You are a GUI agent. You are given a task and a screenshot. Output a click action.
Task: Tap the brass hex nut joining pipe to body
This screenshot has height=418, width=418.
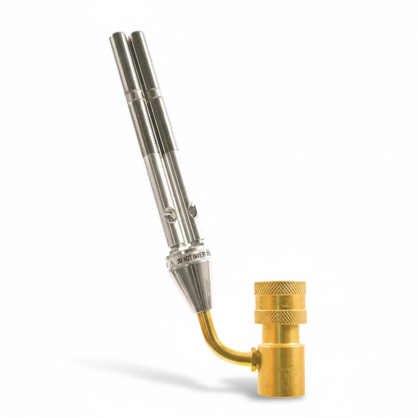click(x=255, y=359)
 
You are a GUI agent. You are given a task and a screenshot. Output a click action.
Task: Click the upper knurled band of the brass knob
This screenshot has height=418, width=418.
click(x=280, y=288)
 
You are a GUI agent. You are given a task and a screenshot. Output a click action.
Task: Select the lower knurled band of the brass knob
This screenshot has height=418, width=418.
click(x=280, y=316)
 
